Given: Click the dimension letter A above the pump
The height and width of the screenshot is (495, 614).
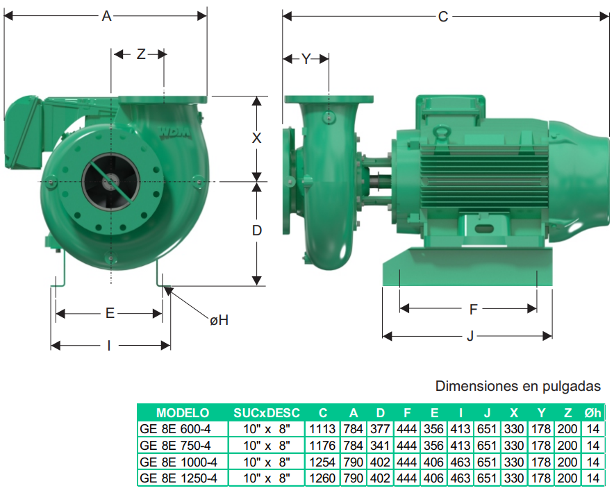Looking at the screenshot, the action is tap(106, 16).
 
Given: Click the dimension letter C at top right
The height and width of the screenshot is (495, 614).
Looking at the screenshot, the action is tap(443, 17).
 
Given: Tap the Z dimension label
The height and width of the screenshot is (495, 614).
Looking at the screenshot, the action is tap(141, 54).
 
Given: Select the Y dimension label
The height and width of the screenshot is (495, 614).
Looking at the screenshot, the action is tap(306, 59).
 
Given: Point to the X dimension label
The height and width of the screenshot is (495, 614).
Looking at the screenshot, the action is tap(256, 138).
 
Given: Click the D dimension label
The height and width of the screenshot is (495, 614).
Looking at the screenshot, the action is tap(257, 230).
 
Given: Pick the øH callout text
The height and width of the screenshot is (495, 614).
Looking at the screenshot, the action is tap(219, 321).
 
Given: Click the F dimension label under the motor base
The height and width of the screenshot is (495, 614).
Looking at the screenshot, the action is tap(474, 310).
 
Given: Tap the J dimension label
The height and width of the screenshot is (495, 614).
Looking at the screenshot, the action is tap(470, 336).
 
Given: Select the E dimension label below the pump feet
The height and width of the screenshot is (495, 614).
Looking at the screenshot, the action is tap(110, 313).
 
